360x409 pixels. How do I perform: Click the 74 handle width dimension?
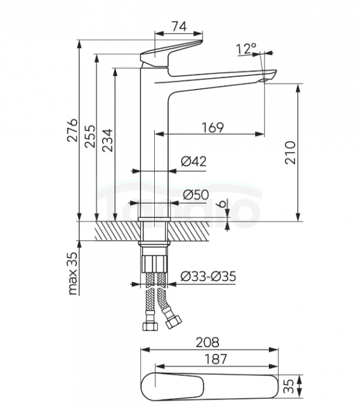pos(179,26)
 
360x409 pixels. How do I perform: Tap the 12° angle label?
pos(247,49)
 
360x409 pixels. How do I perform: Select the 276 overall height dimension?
pos(72,130)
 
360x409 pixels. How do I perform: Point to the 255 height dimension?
pos(90,136)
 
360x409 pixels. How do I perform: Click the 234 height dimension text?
pos(107,140)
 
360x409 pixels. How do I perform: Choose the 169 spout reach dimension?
pos(213,127)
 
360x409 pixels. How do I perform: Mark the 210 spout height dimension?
pos(290,153)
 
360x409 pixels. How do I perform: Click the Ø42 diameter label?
pos(194,162)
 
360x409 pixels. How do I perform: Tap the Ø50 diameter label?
pos(196,195)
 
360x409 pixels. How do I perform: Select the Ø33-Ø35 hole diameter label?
pos(208,276)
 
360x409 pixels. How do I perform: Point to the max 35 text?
pos(73,273)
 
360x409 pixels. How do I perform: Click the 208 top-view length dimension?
pos(208,342)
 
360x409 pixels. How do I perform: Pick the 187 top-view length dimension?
pos(215,359)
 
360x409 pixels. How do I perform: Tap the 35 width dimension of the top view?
pos(289,386)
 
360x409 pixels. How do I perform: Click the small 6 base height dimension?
pos(221,204)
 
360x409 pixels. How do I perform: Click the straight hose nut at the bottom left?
pos(151,326)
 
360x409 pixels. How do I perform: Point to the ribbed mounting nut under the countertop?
pos(154,264)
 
